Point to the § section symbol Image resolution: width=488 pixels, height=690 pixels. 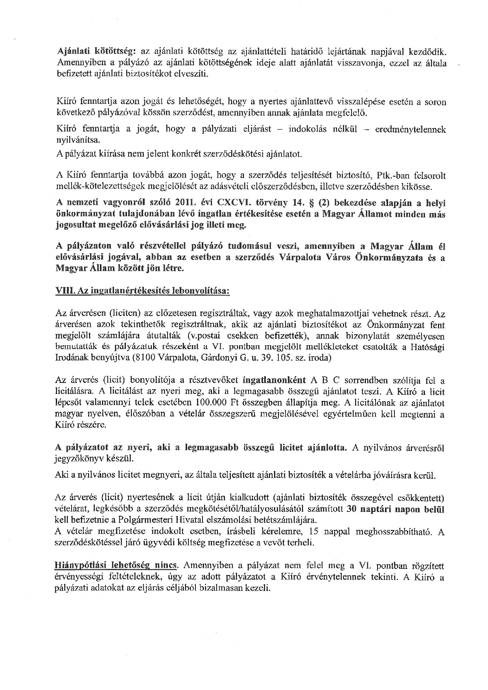pos(310,203)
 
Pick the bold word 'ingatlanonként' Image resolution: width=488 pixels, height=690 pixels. pos(274,380)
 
